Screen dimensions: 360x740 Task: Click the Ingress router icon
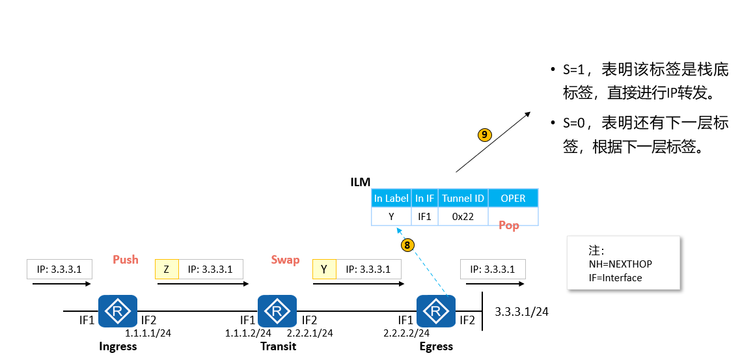click(118, 311)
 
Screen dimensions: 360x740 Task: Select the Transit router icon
click(277, 311)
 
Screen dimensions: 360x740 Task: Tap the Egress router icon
click(436, 311)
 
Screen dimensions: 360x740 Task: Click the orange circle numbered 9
click(484, 135)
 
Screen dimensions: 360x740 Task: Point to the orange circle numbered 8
click(407, 245)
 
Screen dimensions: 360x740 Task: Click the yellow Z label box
click(167, 269)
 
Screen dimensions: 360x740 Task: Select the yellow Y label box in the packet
click(324, 269)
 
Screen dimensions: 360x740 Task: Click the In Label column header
click(391, 199)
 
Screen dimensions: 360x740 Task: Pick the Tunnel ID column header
click(463, 199)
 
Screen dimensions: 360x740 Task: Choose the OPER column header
click(513, 199)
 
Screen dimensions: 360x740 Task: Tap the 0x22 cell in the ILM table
click(463, 216)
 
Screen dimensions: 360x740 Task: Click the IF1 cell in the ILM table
click(424, 216)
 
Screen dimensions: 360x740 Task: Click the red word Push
click(126, 260)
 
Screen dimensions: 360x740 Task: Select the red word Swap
click(285, 260)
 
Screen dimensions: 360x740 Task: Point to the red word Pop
click(509, 225)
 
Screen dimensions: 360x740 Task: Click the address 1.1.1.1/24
click(148, 333)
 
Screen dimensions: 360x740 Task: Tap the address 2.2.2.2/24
click(407, 333)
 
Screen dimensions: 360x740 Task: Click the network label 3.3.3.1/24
click(521, 312)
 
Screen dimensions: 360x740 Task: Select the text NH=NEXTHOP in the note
click(620, 264)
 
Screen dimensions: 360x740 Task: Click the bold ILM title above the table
click(361, 182)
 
